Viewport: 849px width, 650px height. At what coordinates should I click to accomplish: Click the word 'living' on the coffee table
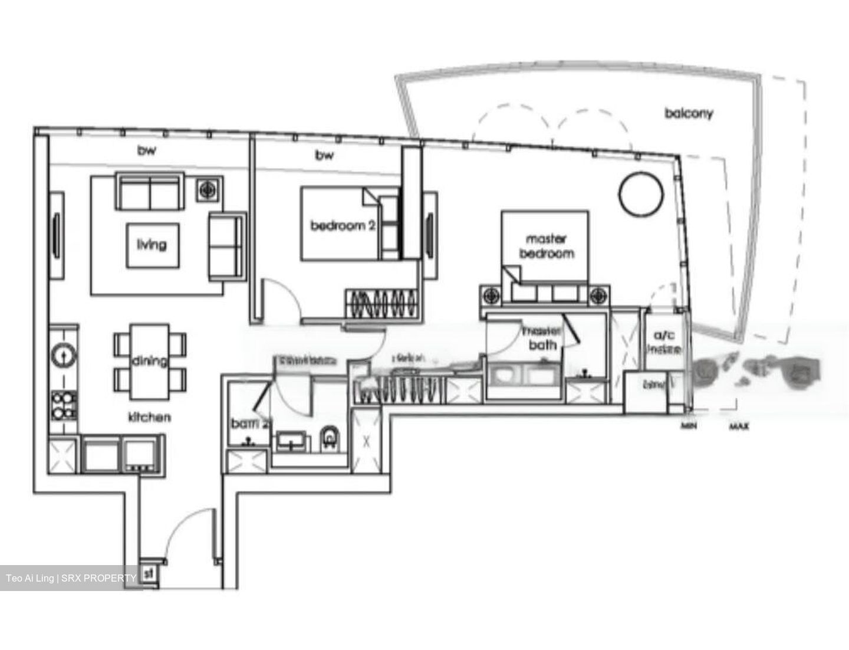point(152,244)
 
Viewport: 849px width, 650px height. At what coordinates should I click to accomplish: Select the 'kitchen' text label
point(150,417)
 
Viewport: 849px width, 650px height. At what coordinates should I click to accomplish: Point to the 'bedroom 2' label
point(343,225)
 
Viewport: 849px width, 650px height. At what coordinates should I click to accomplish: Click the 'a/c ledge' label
point(664,342)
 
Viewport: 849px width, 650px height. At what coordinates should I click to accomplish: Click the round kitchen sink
point(62,355)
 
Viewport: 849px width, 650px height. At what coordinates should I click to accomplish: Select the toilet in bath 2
point(328,439)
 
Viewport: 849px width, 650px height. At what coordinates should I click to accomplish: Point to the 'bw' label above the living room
point(147,151)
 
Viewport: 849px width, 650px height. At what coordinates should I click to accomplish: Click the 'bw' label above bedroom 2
point(324,155)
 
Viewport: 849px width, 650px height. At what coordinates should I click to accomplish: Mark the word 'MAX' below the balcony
point(739,426)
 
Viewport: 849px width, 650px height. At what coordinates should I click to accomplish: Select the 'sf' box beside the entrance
point(149,572)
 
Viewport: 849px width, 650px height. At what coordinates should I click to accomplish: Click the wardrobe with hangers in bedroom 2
point(380,305)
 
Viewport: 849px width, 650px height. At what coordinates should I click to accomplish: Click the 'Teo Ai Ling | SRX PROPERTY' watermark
point(71,578)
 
